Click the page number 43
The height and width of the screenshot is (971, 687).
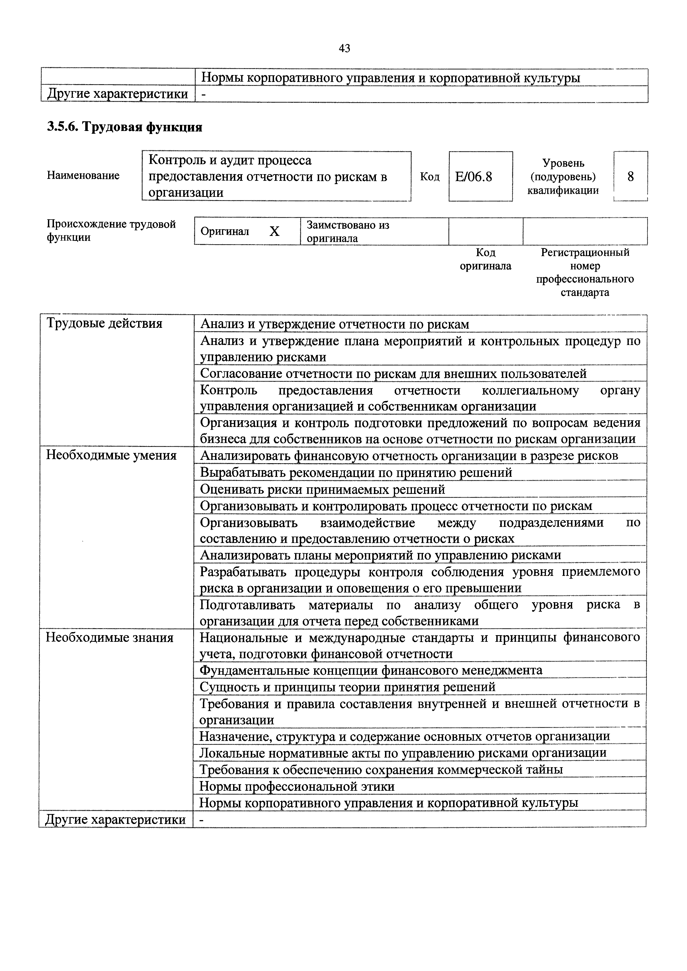coord(344,49)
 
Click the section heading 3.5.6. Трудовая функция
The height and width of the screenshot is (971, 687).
coord(124,127)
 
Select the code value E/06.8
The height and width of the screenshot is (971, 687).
coord(474,176)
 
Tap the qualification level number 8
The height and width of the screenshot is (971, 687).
coord(630,176)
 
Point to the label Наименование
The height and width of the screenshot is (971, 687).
coord(83,176)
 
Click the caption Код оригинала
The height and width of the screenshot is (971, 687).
coord(485,259)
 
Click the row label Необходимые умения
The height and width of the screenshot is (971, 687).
coord(111,455)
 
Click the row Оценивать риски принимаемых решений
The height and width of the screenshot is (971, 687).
coord(322,490)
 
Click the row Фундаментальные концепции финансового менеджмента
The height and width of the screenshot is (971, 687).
coord(371,671)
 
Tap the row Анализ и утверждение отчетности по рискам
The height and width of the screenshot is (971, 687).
coord(334,324)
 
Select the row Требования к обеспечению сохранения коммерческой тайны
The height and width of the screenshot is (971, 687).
coord(381,770)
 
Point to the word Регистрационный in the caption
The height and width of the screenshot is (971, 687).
coord(585,253)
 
